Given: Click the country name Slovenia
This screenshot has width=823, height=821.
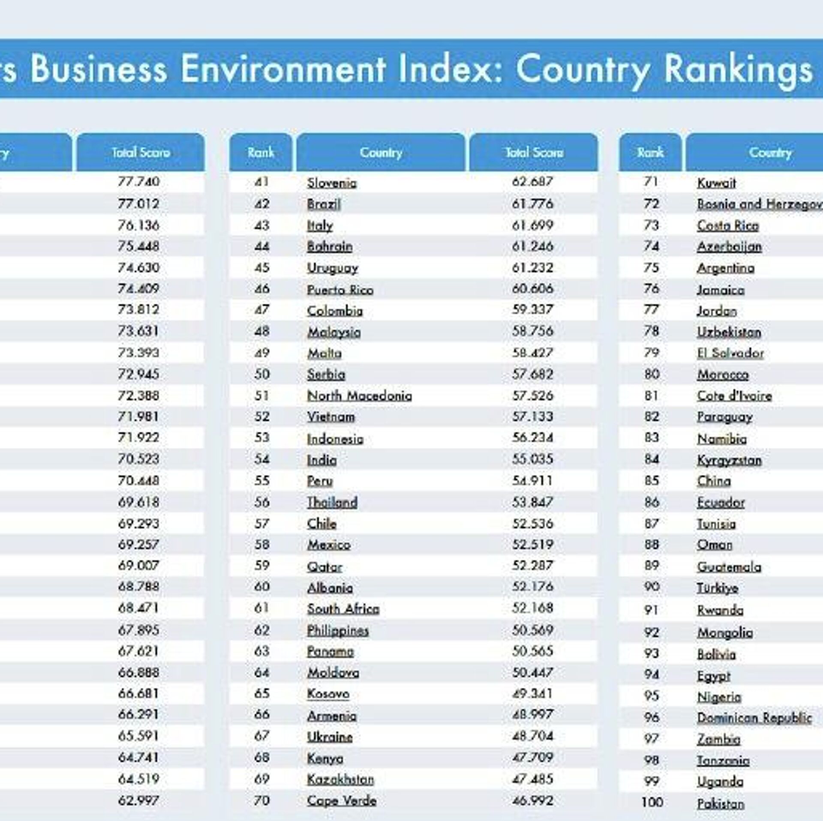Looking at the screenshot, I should tap(332, 183).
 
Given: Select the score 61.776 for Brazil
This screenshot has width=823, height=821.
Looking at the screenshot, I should tap(532, 204).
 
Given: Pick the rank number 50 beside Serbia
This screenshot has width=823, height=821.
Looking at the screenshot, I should tap(262, 374).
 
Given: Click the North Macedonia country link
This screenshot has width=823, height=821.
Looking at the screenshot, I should tap(359, 396).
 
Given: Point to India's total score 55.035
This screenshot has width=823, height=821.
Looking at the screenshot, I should tap(532, 459).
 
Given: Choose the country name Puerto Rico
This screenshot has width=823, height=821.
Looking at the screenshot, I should tap(340, 290).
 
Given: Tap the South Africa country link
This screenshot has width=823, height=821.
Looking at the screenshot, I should tap(343, 608).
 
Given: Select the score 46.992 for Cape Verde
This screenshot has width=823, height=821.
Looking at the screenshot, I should tap(532, 800).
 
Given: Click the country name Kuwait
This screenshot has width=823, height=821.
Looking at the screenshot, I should tap(716, 183).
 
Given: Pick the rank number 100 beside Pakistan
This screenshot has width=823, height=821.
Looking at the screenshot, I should tap(652, 802).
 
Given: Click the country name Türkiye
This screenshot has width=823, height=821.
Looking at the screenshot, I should tap(718, 587).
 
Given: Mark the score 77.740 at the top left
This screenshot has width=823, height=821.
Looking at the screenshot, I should tap(138, 182).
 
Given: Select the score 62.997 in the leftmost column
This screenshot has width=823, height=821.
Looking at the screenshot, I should tap(138, 800).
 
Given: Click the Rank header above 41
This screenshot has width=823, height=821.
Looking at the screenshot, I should tap(261, 153).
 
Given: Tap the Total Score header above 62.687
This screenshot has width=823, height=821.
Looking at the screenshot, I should tap(534, 153).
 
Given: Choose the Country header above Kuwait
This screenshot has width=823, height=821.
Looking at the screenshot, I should tap(770, 153).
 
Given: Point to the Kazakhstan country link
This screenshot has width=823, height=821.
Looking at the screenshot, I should tap(340, 779).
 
